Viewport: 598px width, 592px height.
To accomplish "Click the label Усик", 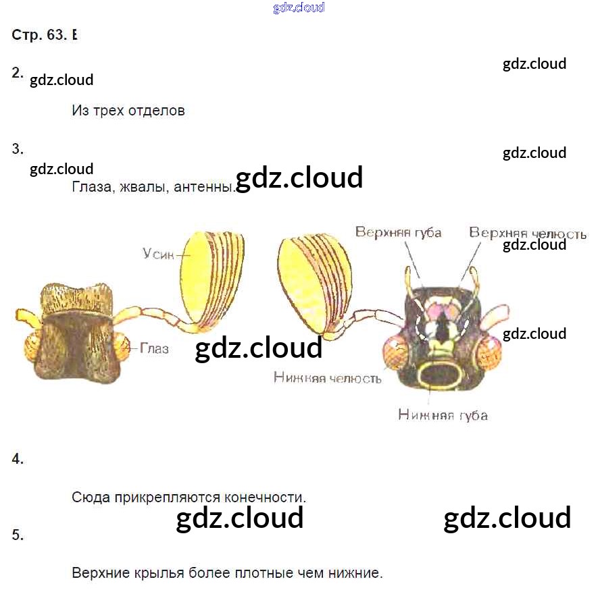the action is (x=159, y=254).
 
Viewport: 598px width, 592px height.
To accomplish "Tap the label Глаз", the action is (x=154, y=349).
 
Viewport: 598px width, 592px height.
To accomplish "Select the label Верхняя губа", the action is (x=398, y=233).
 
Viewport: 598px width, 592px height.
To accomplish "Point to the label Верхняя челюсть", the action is (x=528, y=234).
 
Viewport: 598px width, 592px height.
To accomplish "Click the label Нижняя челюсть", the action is (x=327, y=378).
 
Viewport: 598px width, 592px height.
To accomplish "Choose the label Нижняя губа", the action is (x=443, y=414).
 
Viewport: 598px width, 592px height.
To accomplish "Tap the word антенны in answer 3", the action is (x=203, y=188).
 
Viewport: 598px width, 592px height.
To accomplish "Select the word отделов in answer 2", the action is (x=156, y=111).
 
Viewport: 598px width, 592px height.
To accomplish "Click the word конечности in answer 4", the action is (x=264, y=497).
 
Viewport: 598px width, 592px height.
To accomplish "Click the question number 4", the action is (x=18, y=459).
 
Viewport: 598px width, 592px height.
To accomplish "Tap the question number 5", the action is (x=18, y=535).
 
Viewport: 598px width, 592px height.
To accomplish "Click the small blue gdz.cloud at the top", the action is (x=299, y=7).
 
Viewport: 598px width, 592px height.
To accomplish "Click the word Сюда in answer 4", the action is (x=89, y=497).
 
